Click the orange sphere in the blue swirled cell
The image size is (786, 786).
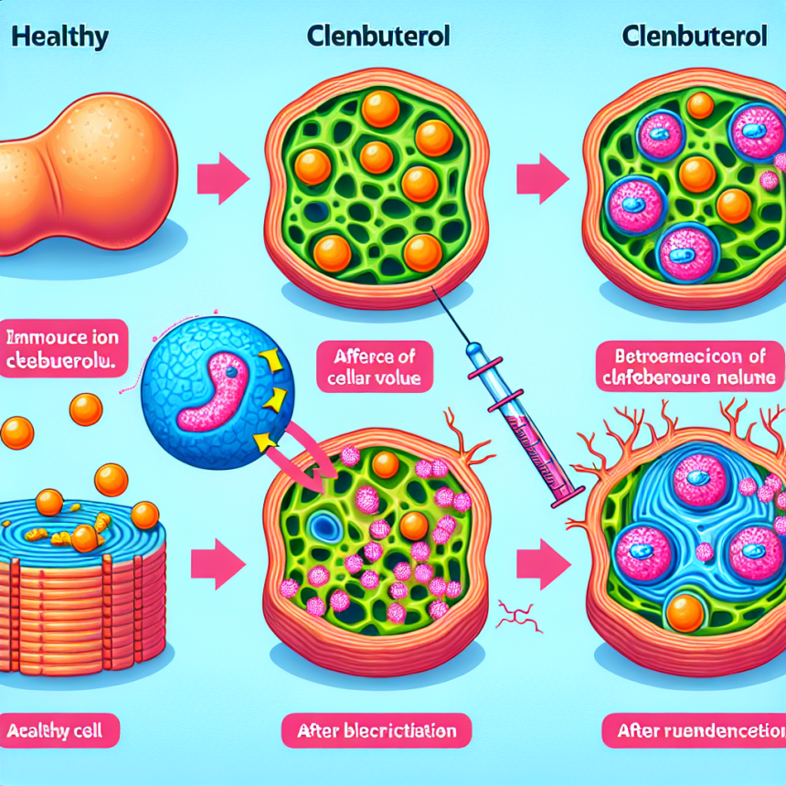click(684, 612)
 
